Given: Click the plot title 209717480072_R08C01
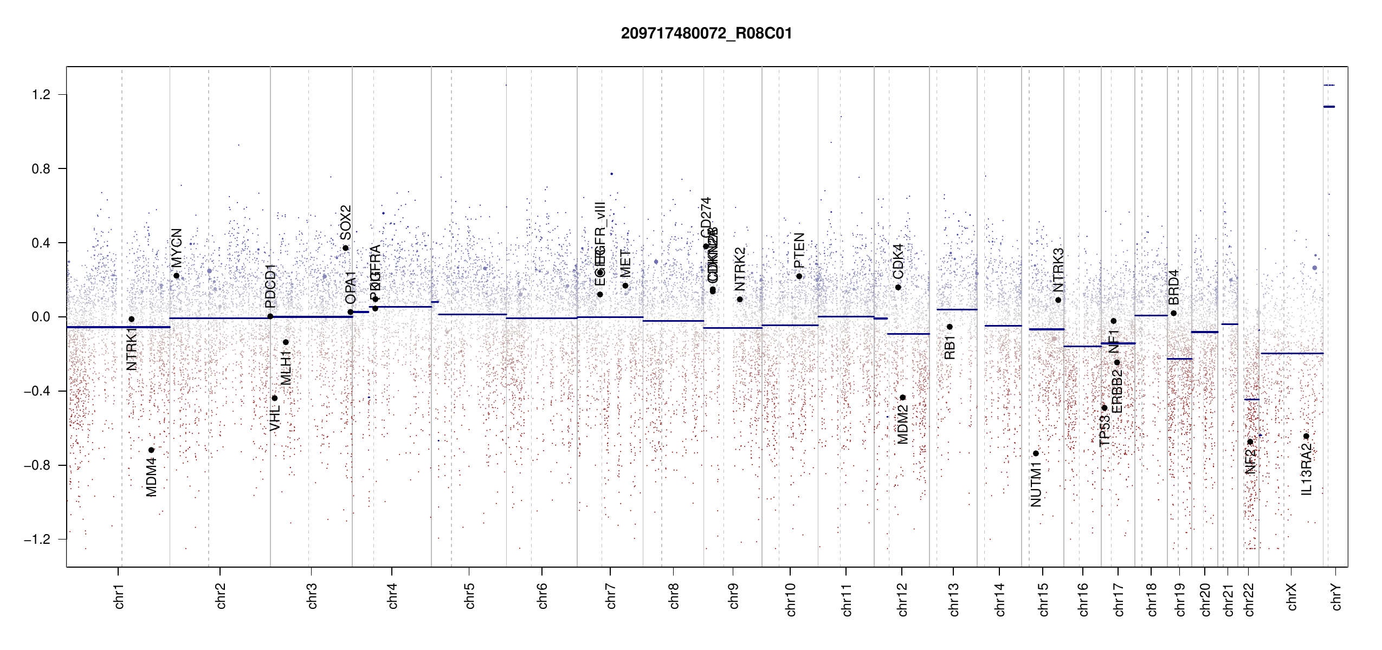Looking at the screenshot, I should [x=706, y=34].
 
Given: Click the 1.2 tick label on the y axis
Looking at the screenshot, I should [x=41, y=95].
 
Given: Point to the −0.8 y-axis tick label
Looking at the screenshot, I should [x=37, y=465].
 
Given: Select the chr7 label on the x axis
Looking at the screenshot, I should [x=611, y=596].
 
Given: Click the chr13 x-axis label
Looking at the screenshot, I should [x=954, y=599].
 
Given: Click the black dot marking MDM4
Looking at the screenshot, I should [x=151, y=450].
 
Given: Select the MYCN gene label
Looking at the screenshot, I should [x=177, y=248].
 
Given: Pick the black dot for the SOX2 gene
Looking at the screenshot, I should [x=346, y=248].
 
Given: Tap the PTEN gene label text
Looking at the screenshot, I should [x=799, y=250].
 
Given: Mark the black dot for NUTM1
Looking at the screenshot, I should [x=1036, y=453].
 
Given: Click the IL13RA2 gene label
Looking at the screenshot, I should [x=1306, y=469].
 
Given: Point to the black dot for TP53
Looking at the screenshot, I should [x=1105, y=408].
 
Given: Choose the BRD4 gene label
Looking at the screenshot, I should [x=1173, y=287].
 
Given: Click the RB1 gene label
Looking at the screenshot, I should [x=950, y=347].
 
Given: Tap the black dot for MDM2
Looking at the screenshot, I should [x=903, y=398].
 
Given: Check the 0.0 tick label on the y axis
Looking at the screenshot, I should [x=41, y=317].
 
